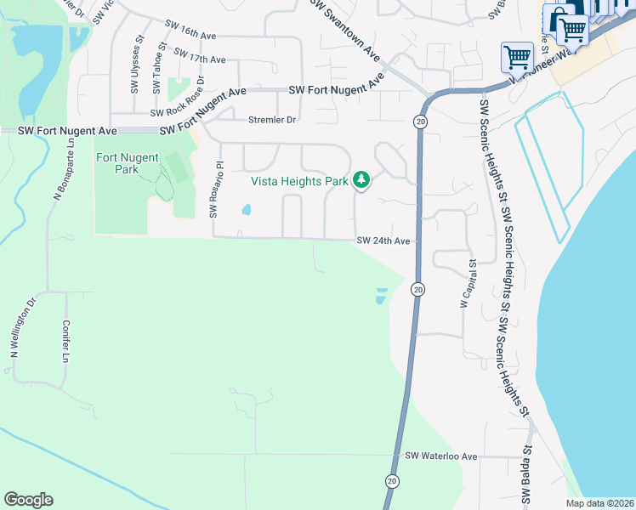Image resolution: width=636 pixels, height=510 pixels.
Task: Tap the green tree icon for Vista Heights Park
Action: point(362,179)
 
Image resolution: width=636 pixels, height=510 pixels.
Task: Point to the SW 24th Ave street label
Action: point(383,241)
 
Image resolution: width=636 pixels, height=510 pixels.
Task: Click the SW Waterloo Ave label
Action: point(441,456)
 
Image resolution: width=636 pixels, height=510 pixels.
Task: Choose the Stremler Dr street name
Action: point(271,121)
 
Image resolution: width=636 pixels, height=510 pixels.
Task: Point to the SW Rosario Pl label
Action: point(215,190)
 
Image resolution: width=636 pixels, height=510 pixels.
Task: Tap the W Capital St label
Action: point(467,286)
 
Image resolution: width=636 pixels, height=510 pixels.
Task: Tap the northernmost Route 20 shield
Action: point(420,122)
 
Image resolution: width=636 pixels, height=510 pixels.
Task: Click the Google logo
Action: point(28,500)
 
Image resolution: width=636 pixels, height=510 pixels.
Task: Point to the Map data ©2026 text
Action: point(599,503)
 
